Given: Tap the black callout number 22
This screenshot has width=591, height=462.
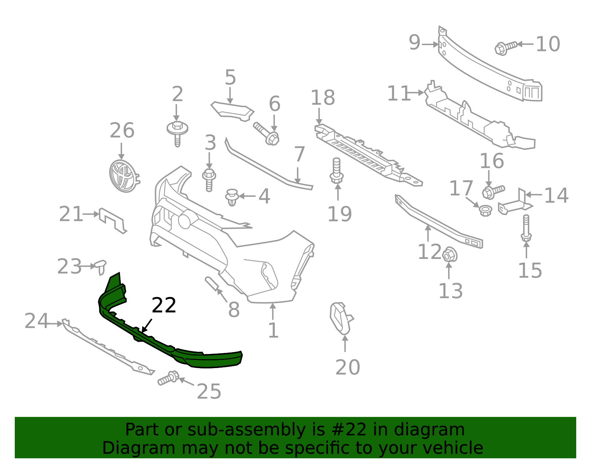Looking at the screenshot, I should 164,306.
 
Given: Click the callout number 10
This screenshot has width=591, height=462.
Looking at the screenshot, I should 548,44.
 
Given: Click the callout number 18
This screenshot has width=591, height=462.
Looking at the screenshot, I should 323,98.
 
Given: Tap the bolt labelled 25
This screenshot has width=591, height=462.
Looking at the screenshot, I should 168,378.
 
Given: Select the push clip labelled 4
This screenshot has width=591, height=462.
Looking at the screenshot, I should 232,197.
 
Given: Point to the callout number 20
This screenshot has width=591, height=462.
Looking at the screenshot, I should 348,367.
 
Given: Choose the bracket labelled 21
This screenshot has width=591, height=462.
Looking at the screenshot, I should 112,220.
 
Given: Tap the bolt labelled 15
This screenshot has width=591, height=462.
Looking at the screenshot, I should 526,228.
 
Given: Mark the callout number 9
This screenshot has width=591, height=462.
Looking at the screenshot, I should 414,43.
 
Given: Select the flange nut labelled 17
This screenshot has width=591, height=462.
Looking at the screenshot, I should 485,210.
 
